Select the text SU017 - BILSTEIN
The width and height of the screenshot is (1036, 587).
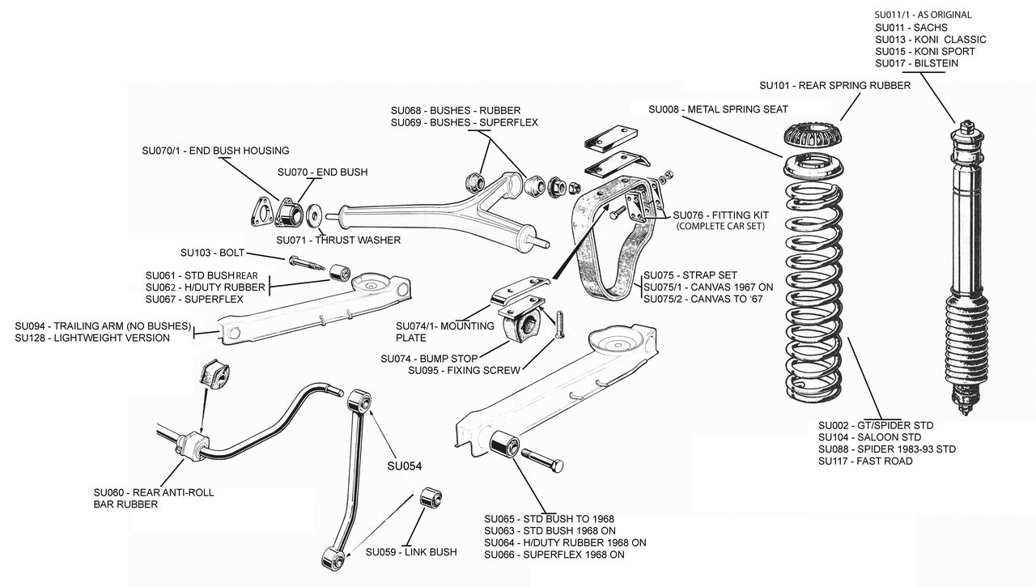[x=917, y=63]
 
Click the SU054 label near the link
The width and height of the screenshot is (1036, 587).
[x=405, y=466]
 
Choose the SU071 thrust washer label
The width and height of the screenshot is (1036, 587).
[x=338, y=240]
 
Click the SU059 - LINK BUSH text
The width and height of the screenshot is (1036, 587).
[x=410, y=552]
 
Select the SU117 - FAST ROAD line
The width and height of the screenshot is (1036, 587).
[x=865, y=462]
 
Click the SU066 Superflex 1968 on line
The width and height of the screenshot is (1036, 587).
[x=554, y=555]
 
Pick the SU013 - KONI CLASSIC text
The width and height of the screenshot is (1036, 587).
[x=931, y=39]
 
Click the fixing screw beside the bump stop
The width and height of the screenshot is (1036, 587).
[x=558, y=325]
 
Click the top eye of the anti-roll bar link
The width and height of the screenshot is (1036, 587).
[x=359, y=401]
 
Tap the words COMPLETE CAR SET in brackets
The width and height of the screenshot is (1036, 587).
[x=720, y=226]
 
